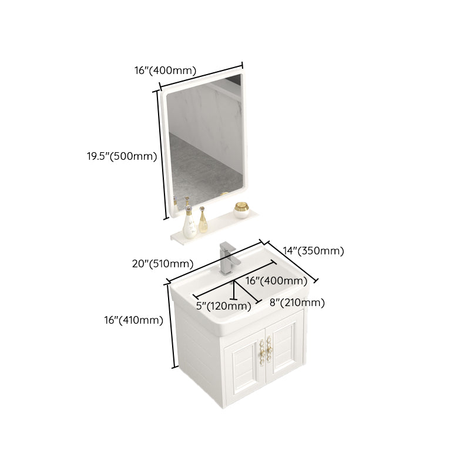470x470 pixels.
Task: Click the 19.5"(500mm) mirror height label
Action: point(122,156)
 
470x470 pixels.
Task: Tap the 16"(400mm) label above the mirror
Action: point(165,70)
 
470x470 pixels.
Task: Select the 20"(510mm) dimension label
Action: point(163,263)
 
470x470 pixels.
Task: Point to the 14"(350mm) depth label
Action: point(313,251)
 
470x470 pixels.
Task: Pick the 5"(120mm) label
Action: point(223,306)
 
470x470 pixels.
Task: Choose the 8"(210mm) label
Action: point(297,303)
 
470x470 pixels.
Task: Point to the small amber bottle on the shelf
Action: point(203,220)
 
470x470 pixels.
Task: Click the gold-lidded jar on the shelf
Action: point(241,209)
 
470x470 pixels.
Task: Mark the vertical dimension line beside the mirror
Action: point(159,154)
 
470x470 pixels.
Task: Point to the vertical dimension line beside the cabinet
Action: point(173,327)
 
